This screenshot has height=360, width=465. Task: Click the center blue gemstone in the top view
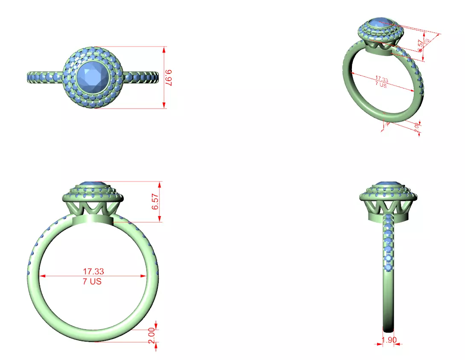pyautogui.click(x=93, y=77)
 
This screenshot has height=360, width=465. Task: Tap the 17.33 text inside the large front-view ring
pyautogui.click(x=93, y=271)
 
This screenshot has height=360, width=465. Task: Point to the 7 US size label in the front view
pyautogui.click(x=93, y=281)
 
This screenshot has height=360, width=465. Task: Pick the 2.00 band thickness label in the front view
pyautogui.click(x=151, y=336)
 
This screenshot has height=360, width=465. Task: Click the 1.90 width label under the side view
pyautogui.click(x=388, y=340)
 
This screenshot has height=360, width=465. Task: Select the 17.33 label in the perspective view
pyautogui.click(x=381, y=79)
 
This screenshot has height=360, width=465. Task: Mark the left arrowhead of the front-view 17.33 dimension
pyautogui.click(x=42, y=276)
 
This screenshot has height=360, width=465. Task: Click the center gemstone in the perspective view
pyautogui.click(x=380, y=24)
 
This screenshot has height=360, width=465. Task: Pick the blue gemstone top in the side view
pyautogui.click(x=388, y=184)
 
